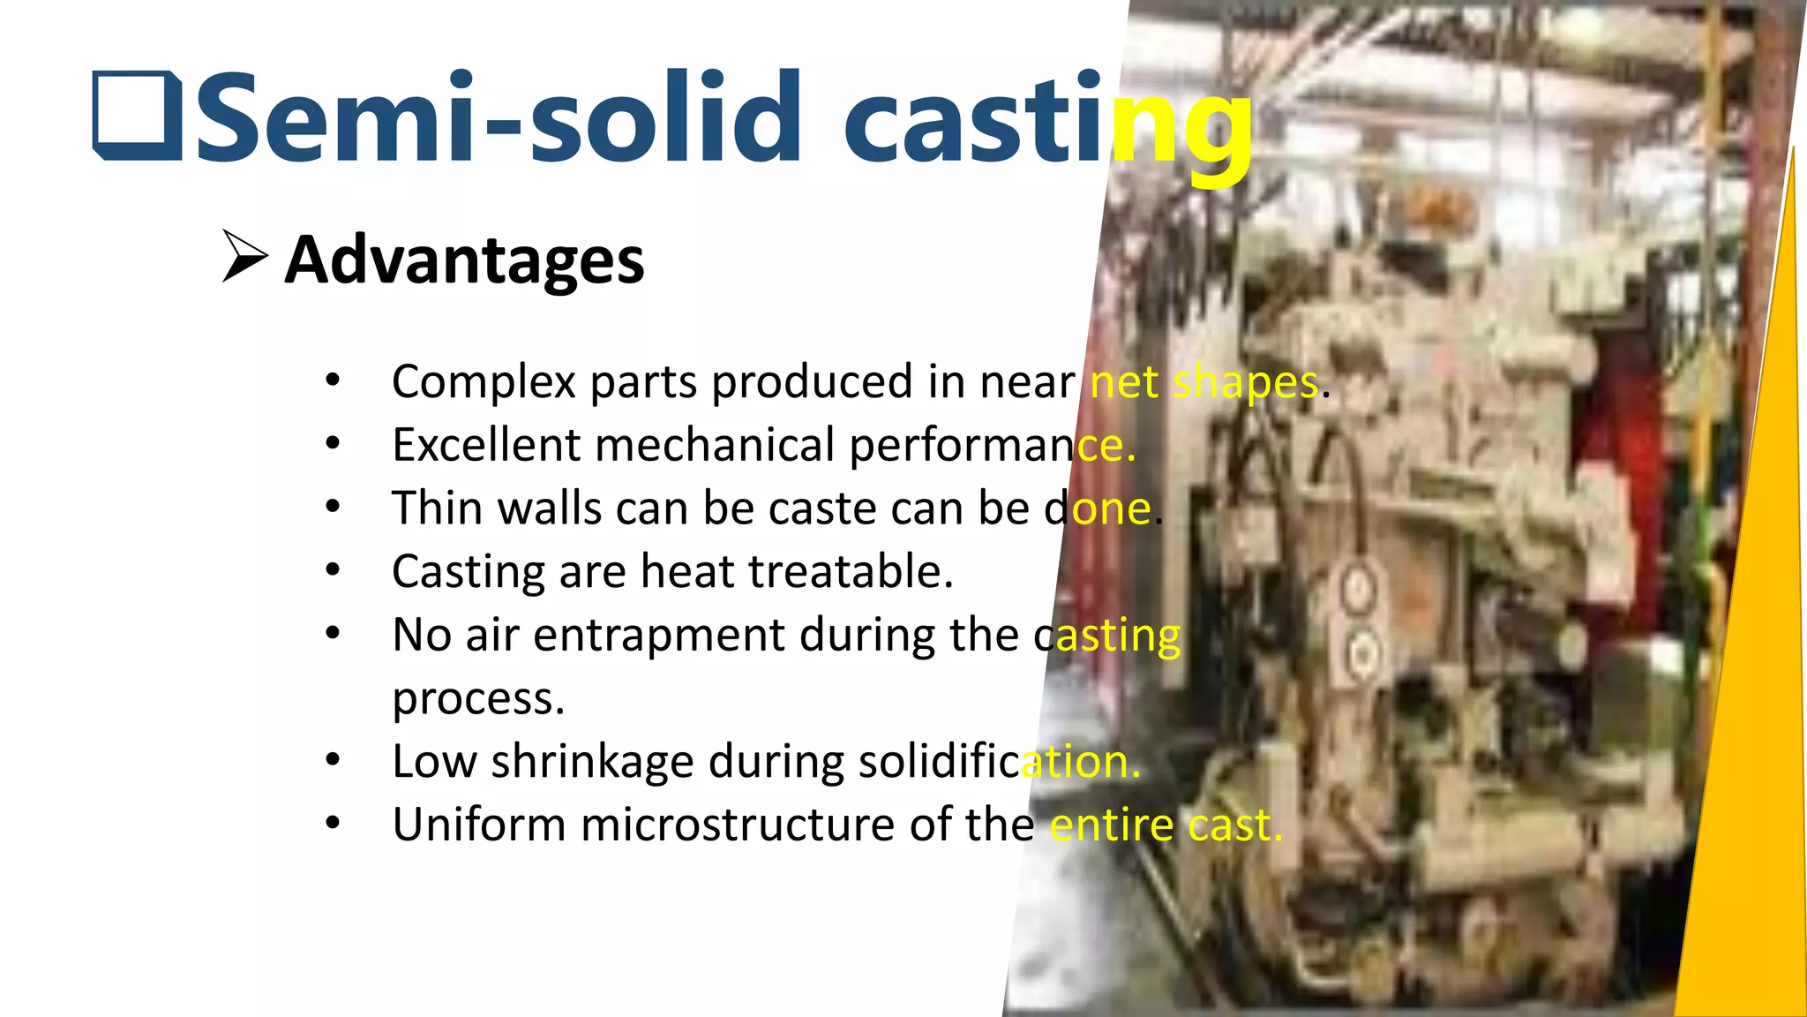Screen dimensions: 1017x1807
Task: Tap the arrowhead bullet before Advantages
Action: click(x=244, y=257)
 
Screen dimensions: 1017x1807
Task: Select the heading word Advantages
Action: click(x=464, y=260)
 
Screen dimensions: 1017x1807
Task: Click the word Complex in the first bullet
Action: click(x=484, y=382)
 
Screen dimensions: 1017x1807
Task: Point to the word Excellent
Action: click(x=486, y=444)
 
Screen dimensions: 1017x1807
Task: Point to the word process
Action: click(x=477, y=699)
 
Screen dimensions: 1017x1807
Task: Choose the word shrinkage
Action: click(x=592, y=762)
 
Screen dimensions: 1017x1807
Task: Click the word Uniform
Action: click(x=479, y=825)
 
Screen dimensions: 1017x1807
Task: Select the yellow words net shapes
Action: click(x=1204, y=383)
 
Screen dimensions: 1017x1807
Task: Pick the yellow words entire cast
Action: click(x=1165, y=825)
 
